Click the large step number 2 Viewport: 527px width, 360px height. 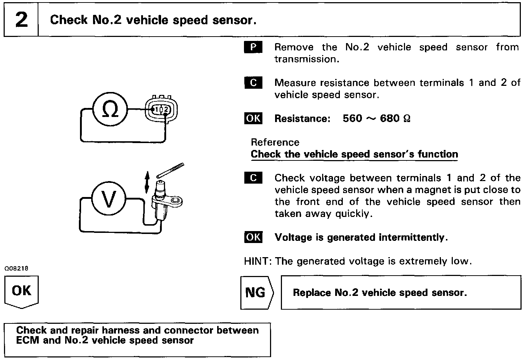pos(21,20)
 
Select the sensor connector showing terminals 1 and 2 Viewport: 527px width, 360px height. pos(161,109)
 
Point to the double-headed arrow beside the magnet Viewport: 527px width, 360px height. pos(147,183)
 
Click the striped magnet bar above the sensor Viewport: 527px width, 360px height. pos(170,170)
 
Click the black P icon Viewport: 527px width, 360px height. pos(253,47)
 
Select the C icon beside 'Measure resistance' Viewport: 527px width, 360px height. pos(253,83)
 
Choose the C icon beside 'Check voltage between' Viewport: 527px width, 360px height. pos(253,178)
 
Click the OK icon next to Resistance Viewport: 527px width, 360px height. pos(253,118)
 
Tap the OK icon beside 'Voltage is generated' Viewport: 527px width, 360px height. pos(253,237)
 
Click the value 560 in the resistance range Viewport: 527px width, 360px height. pos(352,118)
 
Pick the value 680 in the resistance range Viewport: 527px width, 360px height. pos(390,118)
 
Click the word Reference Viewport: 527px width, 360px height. pos(275,142)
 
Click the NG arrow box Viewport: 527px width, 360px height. pos(256,293)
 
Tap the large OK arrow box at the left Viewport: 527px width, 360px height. pos(21,292)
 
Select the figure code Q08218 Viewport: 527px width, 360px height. pos(16,269)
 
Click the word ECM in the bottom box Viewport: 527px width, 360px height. pos(28,340)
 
